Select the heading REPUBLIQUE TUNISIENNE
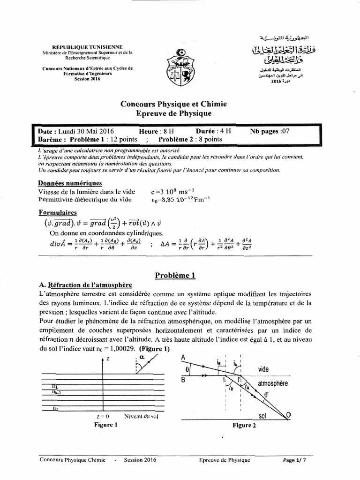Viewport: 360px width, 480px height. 87,47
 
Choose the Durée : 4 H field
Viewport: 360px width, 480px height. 213,131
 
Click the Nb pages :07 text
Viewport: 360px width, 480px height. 270,131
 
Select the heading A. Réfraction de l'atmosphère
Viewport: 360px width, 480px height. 86,285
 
